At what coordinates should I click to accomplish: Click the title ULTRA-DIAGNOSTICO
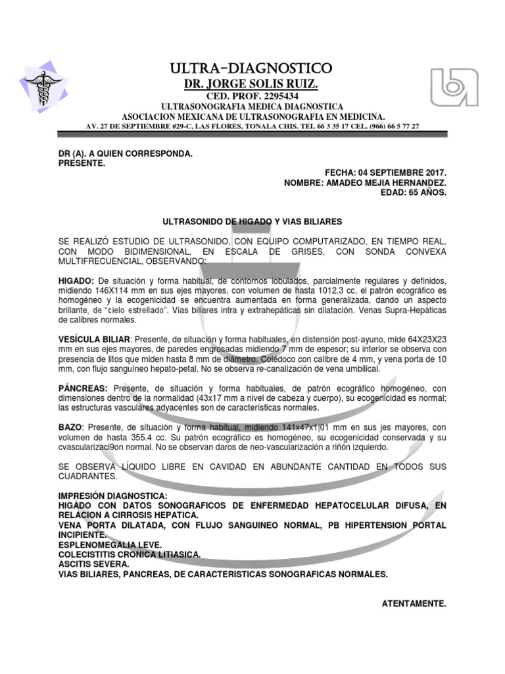(x=252, y=68)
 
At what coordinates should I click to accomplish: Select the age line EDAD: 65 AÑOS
(x=414, y=193)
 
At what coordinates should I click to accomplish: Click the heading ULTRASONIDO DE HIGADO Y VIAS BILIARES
(x=252, y=222)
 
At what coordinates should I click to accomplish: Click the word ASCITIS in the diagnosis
(x=76, y=564)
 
